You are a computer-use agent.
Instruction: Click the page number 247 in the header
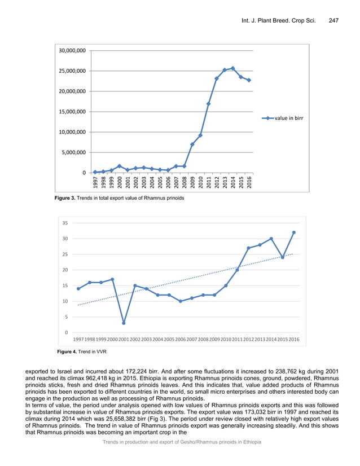(x=333, y=21)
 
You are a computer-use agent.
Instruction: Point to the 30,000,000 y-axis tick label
(x=73, y=51)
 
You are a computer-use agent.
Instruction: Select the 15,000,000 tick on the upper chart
(x=73, y=112)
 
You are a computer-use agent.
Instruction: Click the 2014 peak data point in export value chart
(x=233, y=68)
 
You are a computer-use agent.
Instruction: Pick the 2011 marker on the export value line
(x=209, y=104)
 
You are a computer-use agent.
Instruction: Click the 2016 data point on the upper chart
(x=249, y=80)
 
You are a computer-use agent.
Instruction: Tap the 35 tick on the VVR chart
(x=65, y=223)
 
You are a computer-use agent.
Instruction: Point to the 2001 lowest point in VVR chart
(x=124, y=323)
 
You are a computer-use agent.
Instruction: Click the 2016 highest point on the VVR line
(x=294, y=232)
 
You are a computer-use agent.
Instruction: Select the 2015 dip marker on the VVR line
(x=283, y=257)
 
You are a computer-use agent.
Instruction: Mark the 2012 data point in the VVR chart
(x=249, y=248)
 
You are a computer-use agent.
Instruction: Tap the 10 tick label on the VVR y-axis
(x=65, y=302)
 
